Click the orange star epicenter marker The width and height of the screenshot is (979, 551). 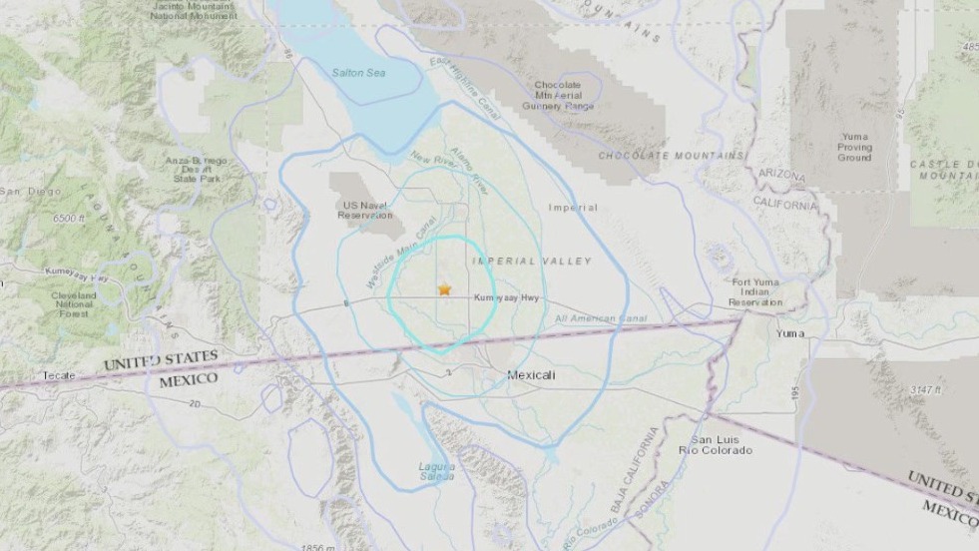(444, 289)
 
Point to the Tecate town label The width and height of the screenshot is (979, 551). (59, 375)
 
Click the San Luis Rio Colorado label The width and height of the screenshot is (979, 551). (720, 445)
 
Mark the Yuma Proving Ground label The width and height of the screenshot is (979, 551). (854, 146)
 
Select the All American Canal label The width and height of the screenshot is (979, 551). (601, 318)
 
